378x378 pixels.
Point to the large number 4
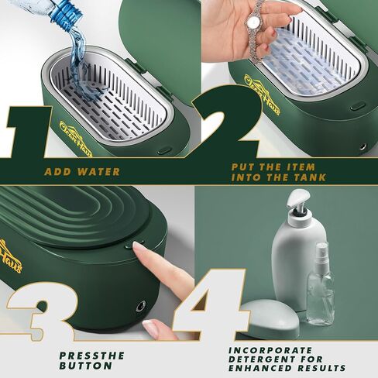pos(211,304)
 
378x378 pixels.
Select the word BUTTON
pos(86,366)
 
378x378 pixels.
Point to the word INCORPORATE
pos(270,350)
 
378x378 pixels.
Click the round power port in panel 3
pos(141,306)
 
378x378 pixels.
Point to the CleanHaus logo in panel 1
pos(76,139)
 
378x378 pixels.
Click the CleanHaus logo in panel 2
pos(262,94)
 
